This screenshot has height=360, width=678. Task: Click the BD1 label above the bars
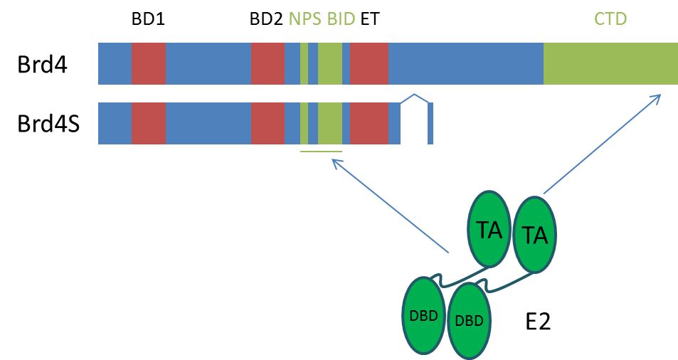[148, 19]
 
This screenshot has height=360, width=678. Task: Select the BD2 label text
[267, 19]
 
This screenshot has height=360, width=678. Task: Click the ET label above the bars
[370, 19]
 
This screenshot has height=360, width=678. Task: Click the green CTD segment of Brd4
[610, 63]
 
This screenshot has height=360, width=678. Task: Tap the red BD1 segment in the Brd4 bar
[149, 63]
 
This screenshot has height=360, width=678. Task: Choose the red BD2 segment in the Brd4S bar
[268, 123]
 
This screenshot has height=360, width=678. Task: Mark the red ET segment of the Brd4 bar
[369, 63]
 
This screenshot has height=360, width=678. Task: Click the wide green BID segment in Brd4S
[330, 123]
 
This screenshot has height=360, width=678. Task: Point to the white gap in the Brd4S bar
[414, 125]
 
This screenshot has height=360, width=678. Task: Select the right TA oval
[534, 235]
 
